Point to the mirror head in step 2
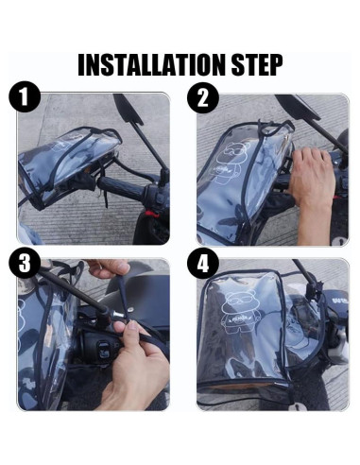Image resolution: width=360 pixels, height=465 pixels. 308,106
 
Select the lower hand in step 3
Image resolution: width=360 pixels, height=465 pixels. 132,369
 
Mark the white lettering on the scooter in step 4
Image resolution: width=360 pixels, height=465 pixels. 336,304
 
